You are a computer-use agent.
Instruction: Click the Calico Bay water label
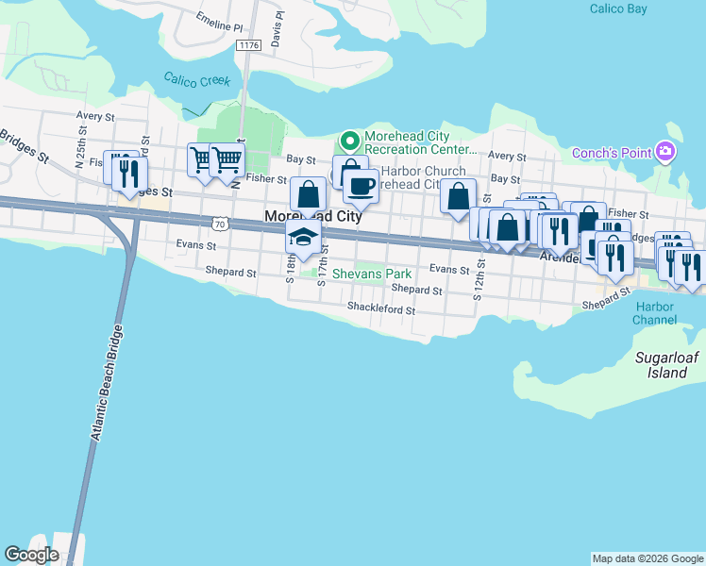pyautogui.click(x=619, y=8)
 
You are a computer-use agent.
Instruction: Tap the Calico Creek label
pyautogui.click(x=196, y=81)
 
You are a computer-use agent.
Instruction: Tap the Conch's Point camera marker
pyautogui.click(x=665, y=152)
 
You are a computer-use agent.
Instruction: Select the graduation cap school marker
pyautogui.click(x=304, y=237)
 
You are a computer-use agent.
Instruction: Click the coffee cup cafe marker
pyautogui.click(x=360, y=184)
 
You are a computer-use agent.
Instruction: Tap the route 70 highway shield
pyautogui.click(x=220, y=224)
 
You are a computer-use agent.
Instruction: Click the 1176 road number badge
pyautogui.click(x=249, y=44)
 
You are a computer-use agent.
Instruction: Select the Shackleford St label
pyautogui.click(x=381, y=308)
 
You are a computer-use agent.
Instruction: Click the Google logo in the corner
pyautogui.click(x=32, y=555)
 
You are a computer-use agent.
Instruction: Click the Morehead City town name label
pyautogui.click(x=313, y=216)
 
